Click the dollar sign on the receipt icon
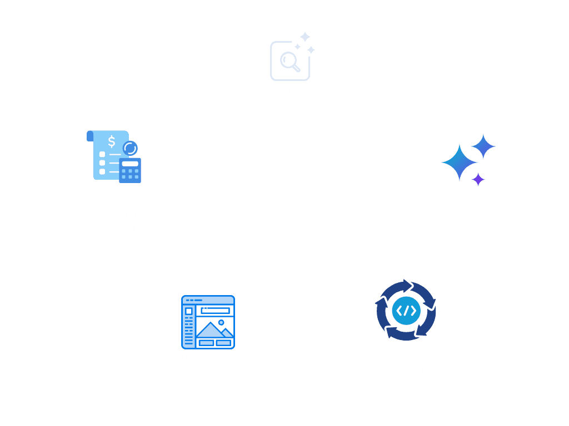point(112,141)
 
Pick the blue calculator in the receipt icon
point(130,170)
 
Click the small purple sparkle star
point(478,179)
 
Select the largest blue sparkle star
point(460,162)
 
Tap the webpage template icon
point(208,322)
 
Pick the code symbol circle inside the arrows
point(406,310)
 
